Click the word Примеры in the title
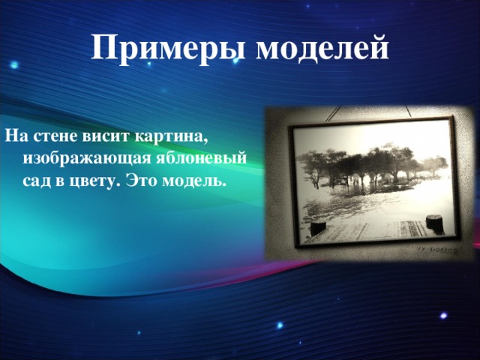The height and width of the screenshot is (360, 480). tap(169, 47)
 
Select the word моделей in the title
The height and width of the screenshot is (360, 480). tap(323, 47)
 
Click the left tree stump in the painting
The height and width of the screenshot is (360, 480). tap(319, 226)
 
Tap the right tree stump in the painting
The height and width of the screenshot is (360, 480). tap(433, 223)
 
